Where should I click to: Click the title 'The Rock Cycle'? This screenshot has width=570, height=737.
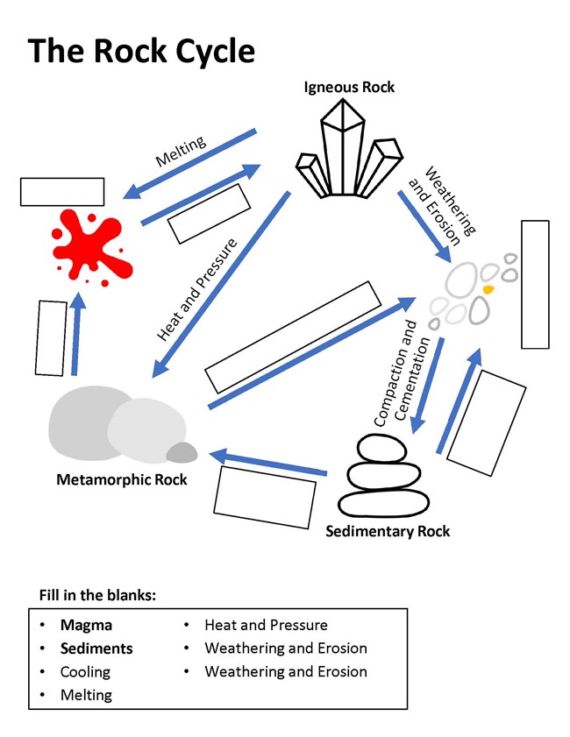[141, 52]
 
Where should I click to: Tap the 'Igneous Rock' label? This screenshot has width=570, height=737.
[349, 87]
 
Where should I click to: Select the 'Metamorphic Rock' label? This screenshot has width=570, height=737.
[121, 479]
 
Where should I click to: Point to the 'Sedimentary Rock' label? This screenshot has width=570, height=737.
[387, 531]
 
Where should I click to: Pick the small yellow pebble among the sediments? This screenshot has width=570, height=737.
[488, 288]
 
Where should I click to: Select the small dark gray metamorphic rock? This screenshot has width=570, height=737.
[182, 452]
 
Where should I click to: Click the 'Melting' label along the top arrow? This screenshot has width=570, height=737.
[181, 150]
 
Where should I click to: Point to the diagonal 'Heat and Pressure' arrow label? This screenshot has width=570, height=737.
[197, 288]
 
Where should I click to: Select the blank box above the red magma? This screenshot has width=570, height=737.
[62, 192]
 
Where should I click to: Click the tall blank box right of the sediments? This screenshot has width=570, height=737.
[535, 284]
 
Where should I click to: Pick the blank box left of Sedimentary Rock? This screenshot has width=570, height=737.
[264, 496]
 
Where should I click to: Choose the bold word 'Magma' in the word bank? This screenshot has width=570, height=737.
[86, 625]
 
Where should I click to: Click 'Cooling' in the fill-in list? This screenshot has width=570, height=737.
[85, 672]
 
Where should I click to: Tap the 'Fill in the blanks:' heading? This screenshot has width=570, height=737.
[97, 595]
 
